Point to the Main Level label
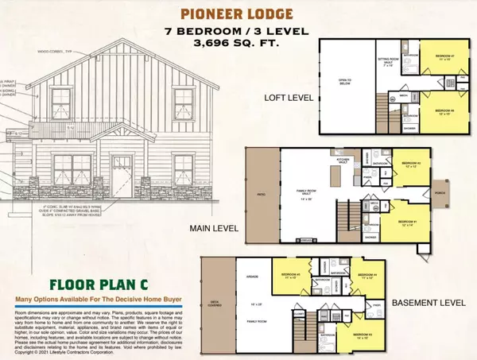208,230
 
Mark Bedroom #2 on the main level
409,166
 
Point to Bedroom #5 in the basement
285,279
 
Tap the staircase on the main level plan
345,215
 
